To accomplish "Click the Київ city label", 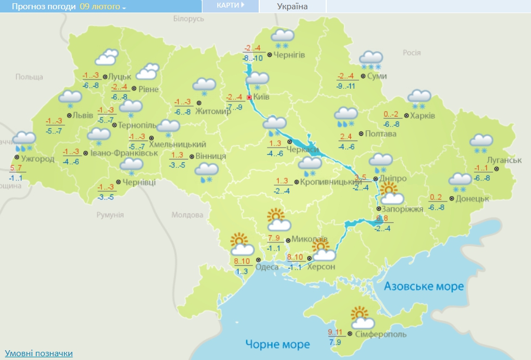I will click(x=263, y=97).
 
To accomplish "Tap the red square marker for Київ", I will click(x=249, y=97).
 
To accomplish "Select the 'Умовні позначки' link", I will click(x=38, y=353).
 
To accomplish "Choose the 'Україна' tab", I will click(x=292, y=7).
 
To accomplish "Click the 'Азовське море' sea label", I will click(x=424, y=286).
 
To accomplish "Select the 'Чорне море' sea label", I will click(x=277, y=345).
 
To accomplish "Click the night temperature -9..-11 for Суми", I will click(x=346, y=86).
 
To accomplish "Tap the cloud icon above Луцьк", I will click(x=107, y=57).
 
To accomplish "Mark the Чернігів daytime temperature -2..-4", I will click(x=253, y=47).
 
